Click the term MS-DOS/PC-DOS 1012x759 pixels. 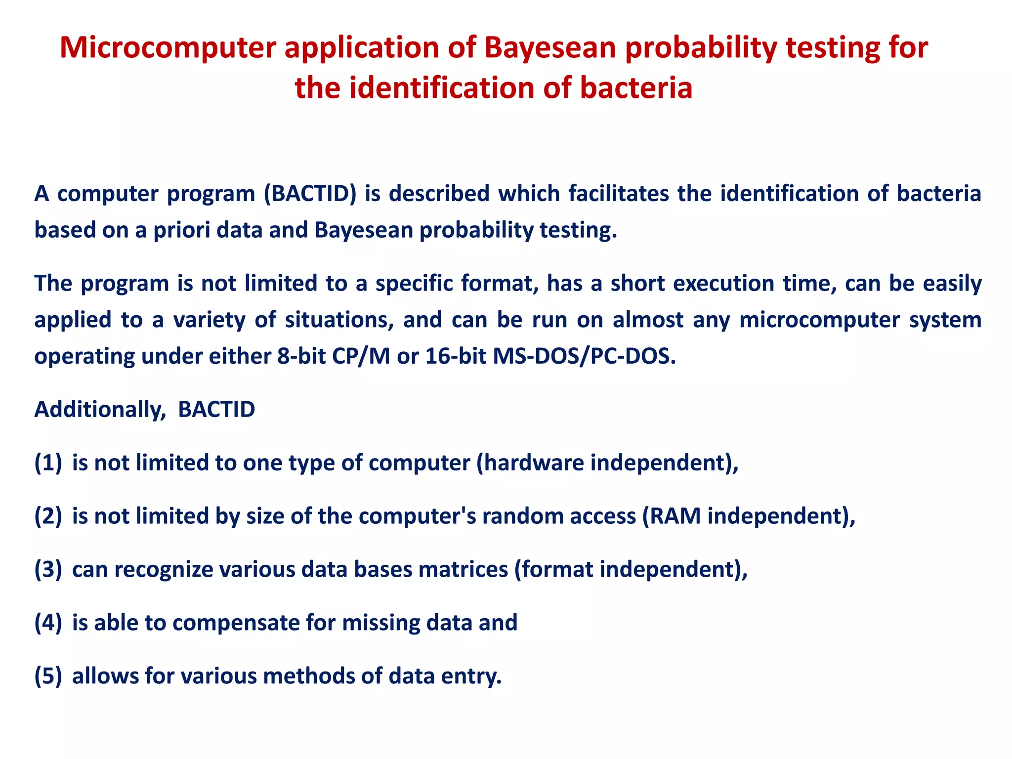coord(584,356)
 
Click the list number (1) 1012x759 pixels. coord(48,463)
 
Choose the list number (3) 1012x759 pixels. coord(48,570)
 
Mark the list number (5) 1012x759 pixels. coord(48,676)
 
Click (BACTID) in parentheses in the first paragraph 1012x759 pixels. coord(310,193)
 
